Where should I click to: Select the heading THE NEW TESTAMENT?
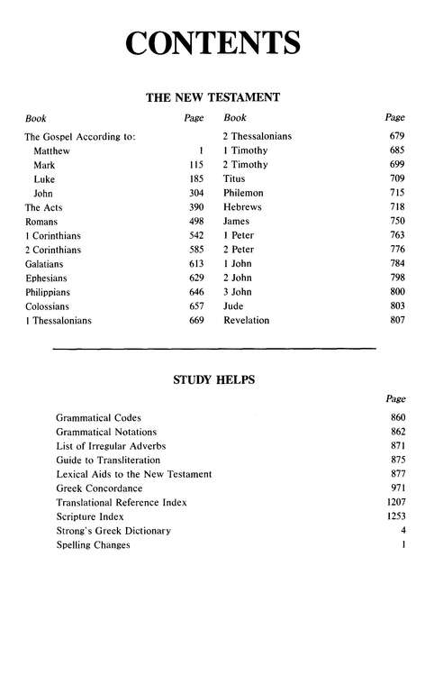(x=212, y=96)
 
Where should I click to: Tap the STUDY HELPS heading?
(x=213, y=379)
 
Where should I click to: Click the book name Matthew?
(x=52, y=151)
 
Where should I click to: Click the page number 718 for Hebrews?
(x=395, y=207)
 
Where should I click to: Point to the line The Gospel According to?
(x=80, y=137)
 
